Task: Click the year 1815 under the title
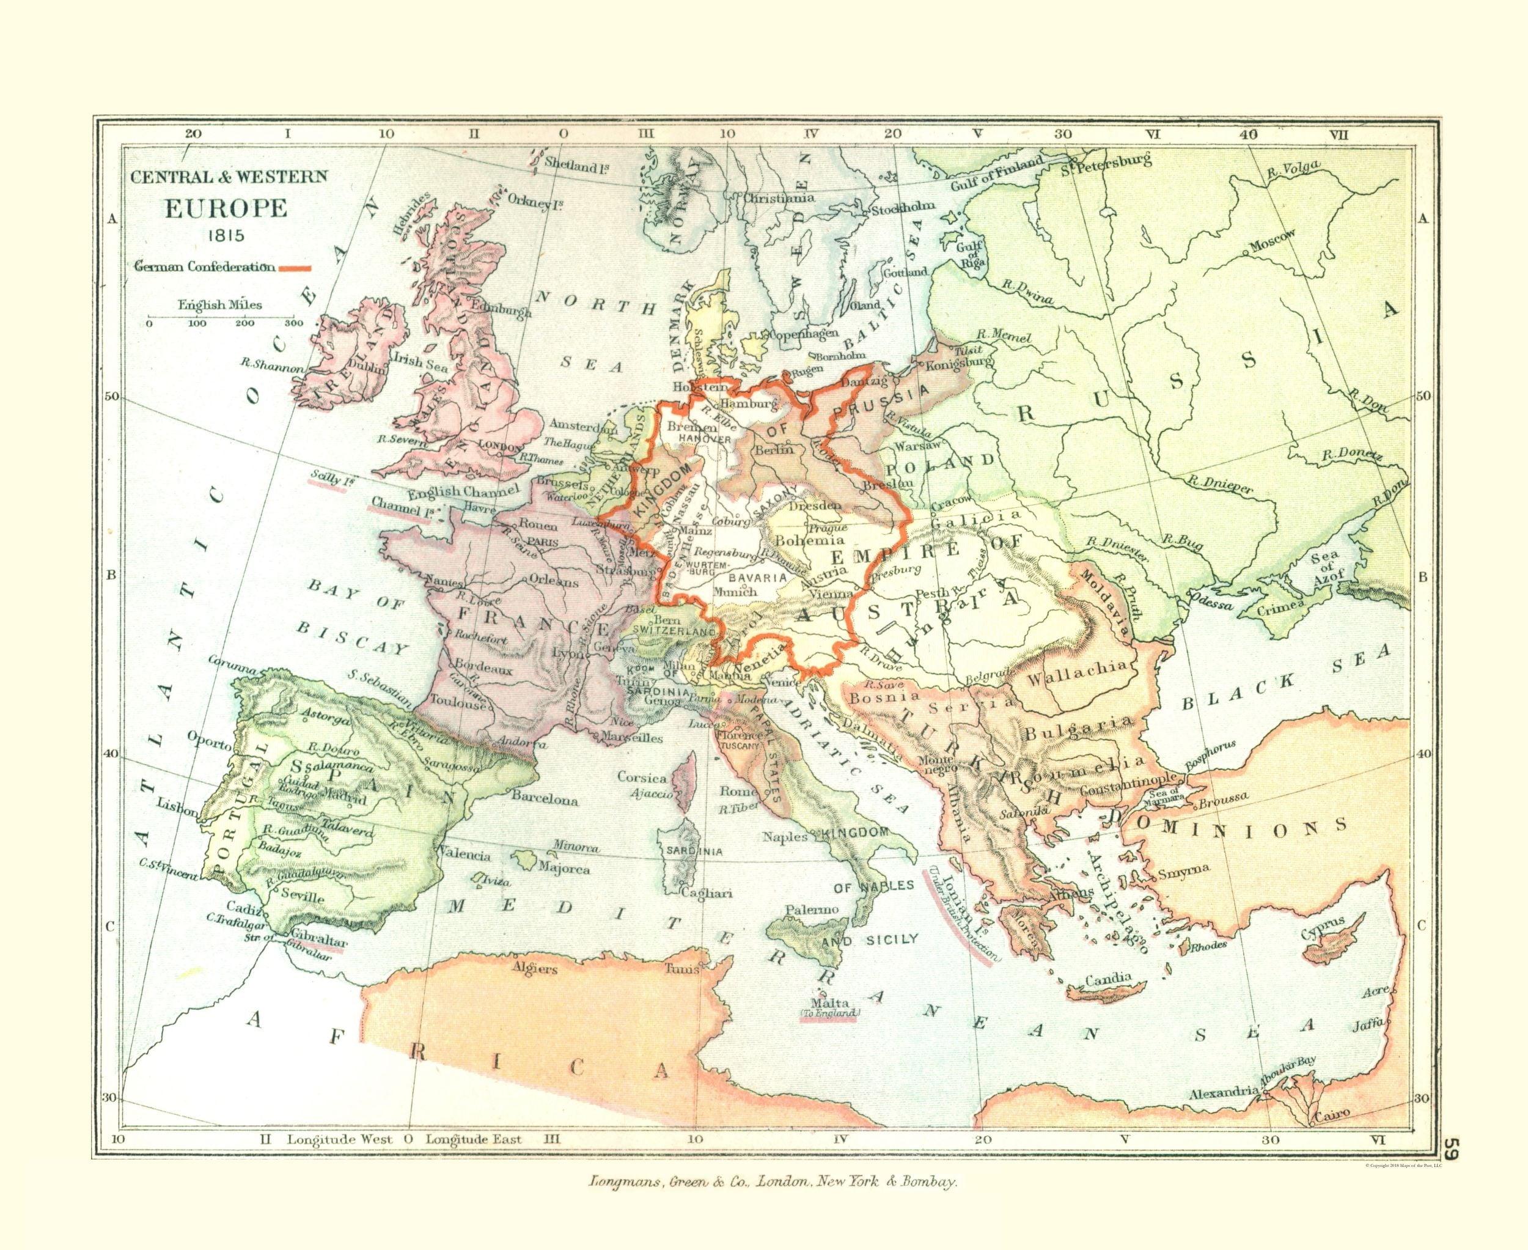(226, 235)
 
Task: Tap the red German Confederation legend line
(295, 268)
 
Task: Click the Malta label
(830, 1003)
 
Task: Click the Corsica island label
(642, 778)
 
